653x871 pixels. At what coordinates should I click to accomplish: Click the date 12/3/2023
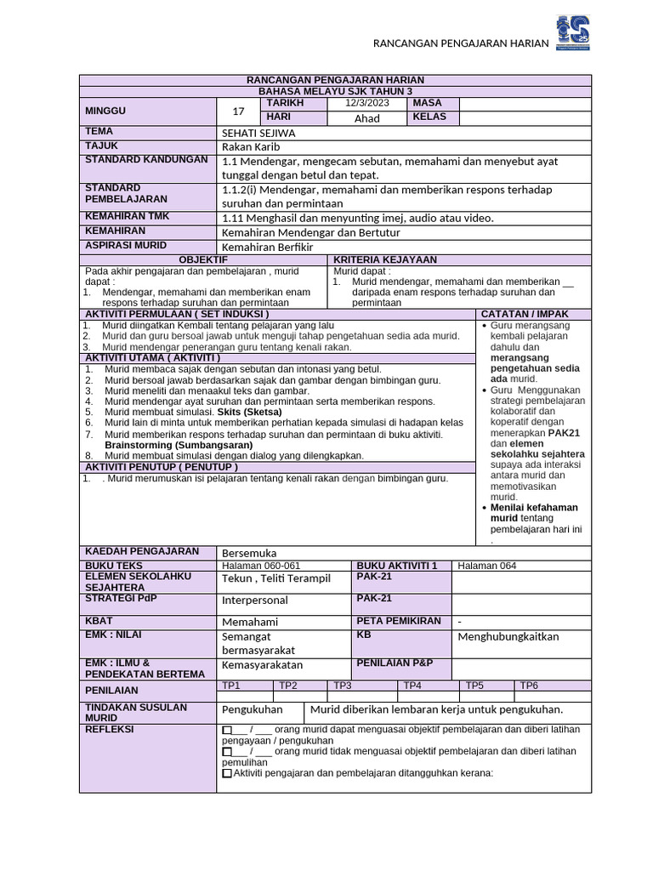[366, 103]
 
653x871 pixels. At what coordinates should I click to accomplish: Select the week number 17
[238, 111]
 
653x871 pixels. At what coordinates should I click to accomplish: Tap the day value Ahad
[366, 118]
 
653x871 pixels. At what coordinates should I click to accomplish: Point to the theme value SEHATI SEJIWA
[259, 133]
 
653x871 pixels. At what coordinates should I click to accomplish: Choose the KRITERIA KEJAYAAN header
[385, 259]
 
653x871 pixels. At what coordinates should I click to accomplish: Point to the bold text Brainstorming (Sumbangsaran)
[179, 445]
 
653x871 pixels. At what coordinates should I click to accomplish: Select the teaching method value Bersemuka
[249, 553]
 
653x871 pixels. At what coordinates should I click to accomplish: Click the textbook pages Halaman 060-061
[261, 566]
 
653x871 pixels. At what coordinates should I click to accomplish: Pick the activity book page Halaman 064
[486, 566]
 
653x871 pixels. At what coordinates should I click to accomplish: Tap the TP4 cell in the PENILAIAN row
[412, 686]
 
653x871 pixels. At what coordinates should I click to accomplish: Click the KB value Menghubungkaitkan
[508, 636]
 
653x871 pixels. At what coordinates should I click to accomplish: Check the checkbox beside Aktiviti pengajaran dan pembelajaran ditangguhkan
[226, 774]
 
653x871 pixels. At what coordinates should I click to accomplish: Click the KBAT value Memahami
[250, 622]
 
